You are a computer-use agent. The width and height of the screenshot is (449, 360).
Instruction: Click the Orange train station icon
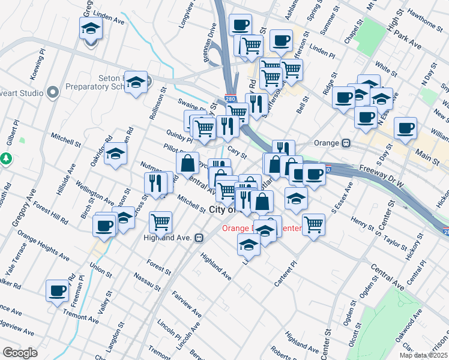[x=346, y=143]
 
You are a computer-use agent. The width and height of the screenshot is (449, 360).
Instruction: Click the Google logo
[x=20, y=353]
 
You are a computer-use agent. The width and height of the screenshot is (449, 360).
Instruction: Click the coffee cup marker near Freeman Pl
[x=58, y=290]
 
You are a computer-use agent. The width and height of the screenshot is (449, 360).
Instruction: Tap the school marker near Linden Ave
[x=91, y=28]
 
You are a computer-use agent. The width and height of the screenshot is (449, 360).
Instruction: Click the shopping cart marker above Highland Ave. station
[x=160, y=222]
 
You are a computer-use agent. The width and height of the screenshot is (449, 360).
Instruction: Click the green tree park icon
[x=7, y=159]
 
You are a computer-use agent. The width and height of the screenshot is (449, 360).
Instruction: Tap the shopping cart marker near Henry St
[x=314, y=225]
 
